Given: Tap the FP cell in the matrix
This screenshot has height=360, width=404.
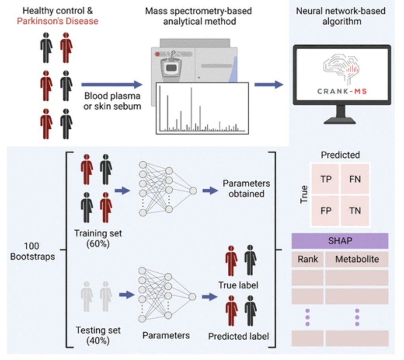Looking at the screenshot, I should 325,210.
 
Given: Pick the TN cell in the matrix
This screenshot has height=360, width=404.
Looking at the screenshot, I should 355,210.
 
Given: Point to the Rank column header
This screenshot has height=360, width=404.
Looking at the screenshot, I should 308,259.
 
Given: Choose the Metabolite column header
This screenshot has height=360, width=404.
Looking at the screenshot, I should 357,259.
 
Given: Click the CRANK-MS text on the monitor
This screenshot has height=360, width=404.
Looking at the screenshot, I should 342,92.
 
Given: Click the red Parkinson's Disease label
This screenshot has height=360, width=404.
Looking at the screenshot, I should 58,21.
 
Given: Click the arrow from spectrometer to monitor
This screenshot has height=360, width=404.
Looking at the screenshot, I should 269,84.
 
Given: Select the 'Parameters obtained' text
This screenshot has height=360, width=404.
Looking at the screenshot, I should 246,189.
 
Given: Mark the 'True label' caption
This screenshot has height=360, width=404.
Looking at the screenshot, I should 238,285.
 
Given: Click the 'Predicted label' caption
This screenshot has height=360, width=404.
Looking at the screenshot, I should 238,336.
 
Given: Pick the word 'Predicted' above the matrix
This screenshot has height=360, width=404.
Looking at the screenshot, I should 340,155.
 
